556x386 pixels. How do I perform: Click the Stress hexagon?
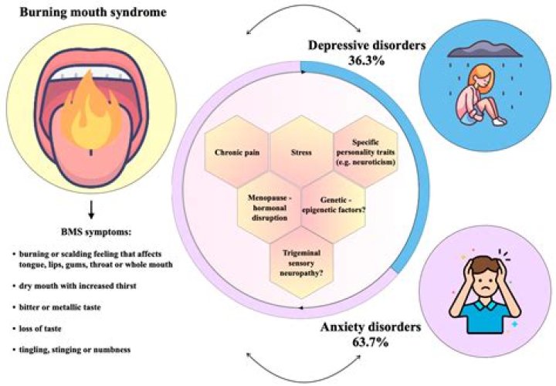click(302, 153)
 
